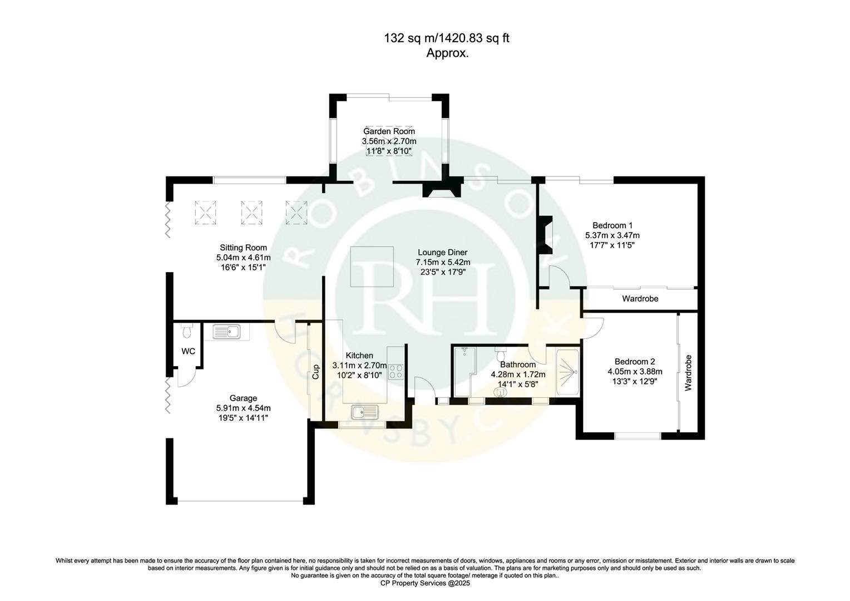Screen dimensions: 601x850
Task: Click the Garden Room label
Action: tap(389, 131)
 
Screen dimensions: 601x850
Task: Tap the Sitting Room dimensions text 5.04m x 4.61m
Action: tap(243, 258)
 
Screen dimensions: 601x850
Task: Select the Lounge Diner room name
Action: tap(442, 252)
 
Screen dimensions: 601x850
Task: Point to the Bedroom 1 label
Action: tap(612, 225)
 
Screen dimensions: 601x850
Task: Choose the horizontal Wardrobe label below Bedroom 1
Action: tap(640, 299)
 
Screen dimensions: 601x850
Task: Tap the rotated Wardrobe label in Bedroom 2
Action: tap(688, 372)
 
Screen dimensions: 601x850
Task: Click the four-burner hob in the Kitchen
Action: tap(396, 371)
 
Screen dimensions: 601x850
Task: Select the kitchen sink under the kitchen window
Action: tap(364, 412)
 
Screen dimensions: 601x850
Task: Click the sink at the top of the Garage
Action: tap(226, 333)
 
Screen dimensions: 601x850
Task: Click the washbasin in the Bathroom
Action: tap(501, 393)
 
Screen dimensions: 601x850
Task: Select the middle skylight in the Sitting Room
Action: tap(251, 212)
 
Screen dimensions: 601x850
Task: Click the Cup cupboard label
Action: tap(315, 371)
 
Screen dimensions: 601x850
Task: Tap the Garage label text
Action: tap(243, 398)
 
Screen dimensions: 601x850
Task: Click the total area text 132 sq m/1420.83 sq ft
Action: tap(447, 38)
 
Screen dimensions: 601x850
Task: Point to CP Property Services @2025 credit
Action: tap(424, 583)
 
